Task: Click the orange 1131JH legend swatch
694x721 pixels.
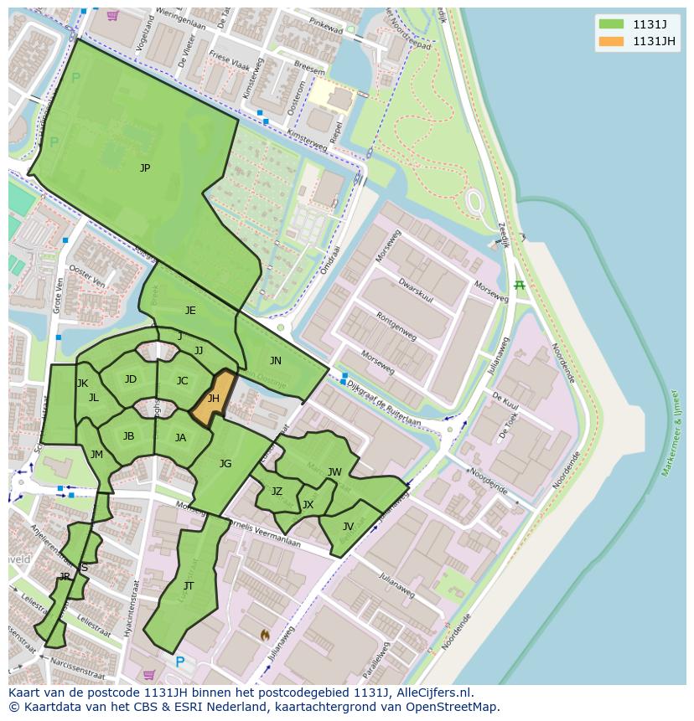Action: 612,42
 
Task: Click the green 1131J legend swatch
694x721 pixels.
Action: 612,23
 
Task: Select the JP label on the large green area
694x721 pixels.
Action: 145,168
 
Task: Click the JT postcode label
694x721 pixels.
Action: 189,586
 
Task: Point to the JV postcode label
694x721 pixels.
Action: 348,527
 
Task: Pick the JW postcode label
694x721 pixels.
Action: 334,472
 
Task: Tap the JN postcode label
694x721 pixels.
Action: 276,361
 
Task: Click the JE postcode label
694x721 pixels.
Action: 190,311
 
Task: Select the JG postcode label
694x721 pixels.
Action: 225,464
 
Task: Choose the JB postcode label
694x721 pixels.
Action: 128,436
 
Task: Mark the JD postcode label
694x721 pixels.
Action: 131,379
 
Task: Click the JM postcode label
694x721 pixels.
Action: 96,455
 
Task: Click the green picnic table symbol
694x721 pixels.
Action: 519,286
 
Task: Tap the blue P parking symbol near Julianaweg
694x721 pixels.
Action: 179,662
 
